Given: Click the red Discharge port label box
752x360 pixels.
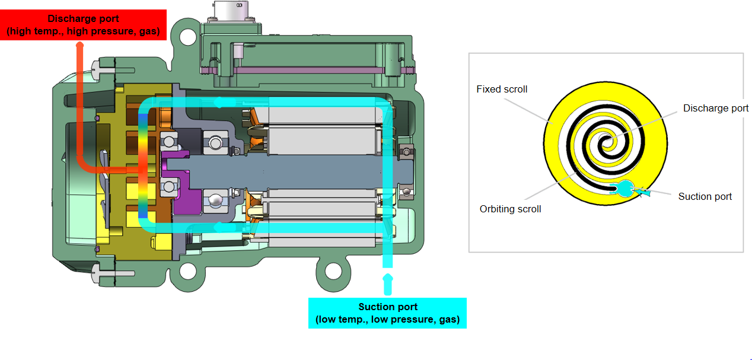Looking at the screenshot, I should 83,26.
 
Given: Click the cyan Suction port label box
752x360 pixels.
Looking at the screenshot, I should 387,313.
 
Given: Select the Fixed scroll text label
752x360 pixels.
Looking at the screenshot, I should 502,89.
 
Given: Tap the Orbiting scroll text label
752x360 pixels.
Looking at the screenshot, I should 510,209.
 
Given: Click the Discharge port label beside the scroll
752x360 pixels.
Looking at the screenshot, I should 715,108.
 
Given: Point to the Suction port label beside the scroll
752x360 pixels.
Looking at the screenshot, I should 705,196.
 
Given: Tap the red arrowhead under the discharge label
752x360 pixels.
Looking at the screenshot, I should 80,45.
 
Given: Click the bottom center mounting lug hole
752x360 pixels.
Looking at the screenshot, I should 334,271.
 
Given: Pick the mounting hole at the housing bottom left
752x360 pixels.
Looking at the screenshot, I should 187,271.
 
